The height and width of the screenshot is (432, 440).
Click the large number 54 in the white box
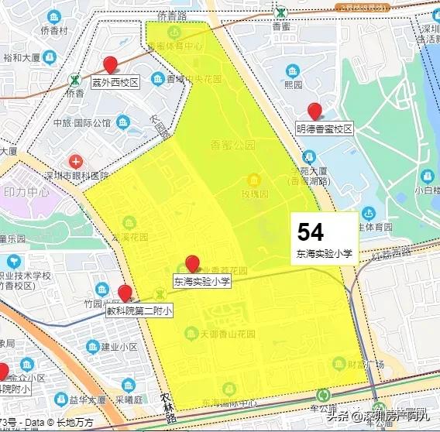[x=311, y=231]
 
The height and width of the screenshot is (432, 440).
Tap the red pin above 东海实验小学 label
[x=193, y=264]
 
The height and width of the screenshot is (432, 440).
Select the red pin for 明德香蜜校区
[x=315, y=111]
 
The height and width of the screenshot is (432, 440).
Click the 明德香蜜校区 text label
[x=324, y=129]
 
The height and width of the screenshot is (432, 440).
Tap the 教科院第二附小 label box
[x=139, y=310]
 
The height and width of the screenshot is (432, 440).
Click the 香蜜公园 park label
[x=232, y=144]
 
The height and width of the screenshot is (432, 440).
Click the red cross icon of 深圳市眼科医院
[x=75, y=162]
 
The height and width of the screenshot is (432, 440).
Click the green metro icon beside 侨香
[x=74, y=79]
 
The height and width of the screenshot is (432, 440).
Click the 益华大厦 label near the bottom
[x=85, y=400]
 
